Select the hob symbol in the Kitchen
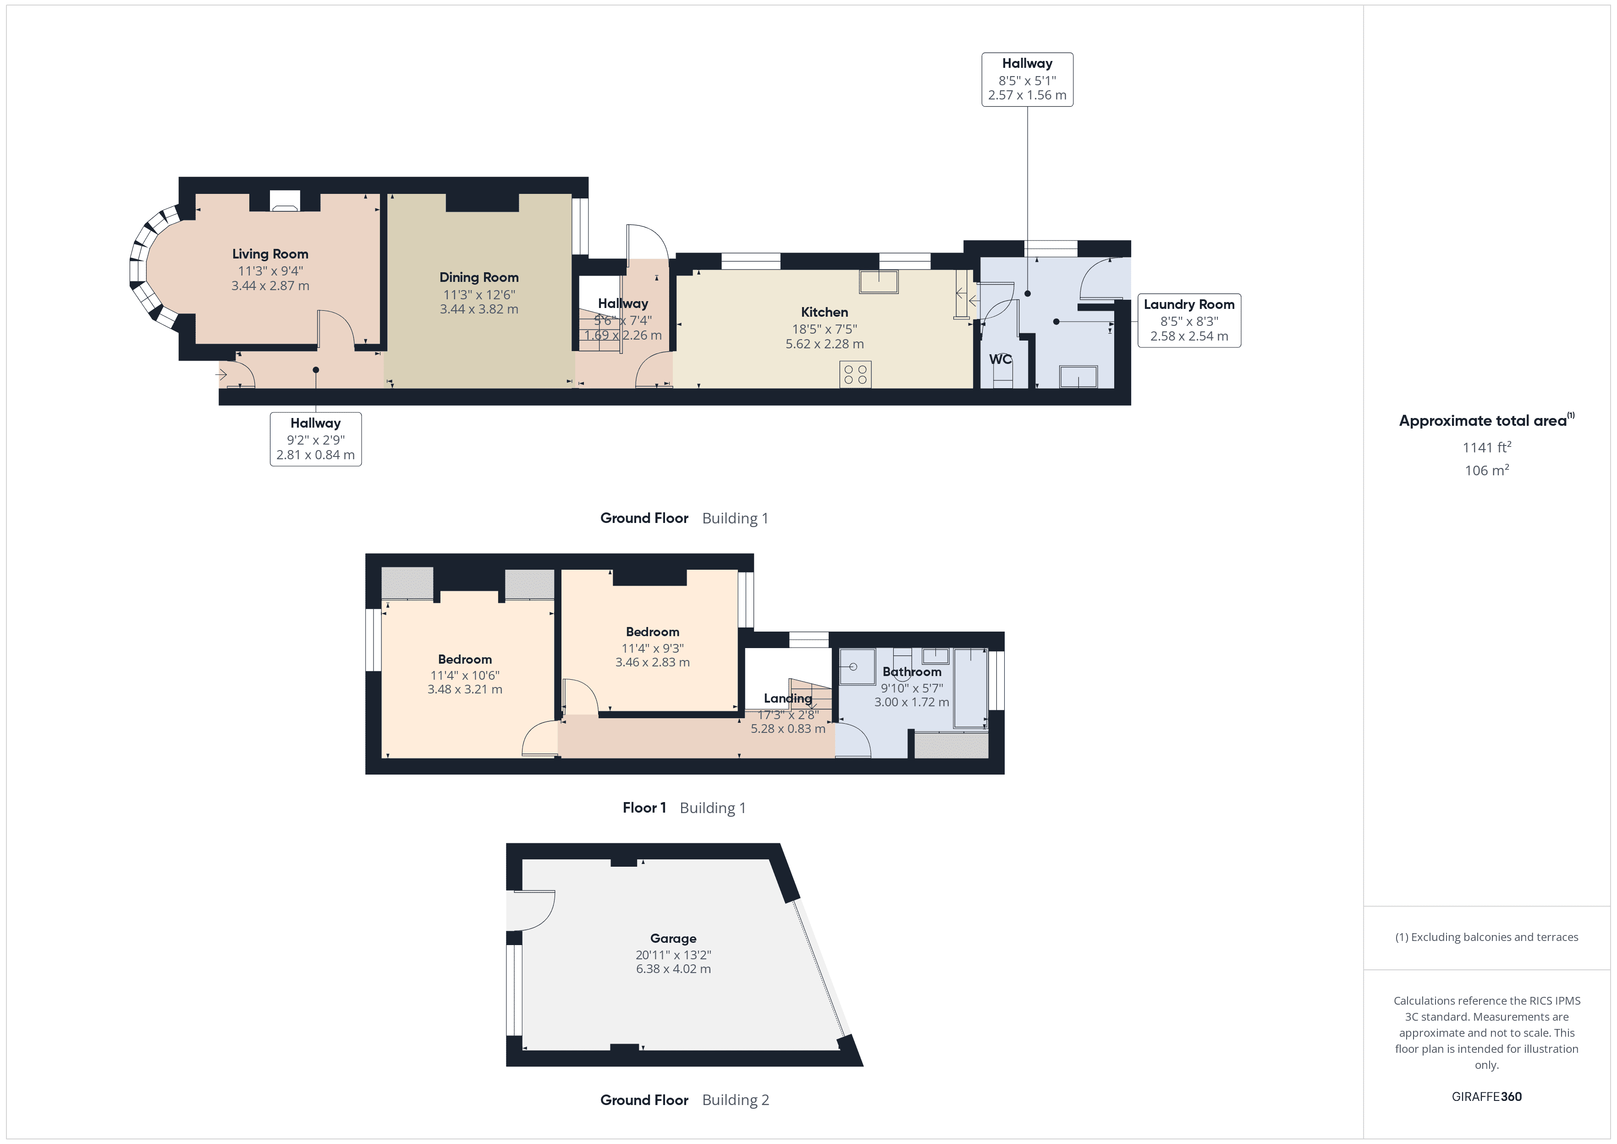point(855,374)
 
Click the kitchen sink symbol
point(878,282)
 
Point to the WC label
point(1000,359)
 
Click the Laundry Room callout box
point(1189,320)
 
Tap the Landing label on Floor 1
point(787,698)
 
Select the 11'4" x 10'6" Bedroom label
point(465,660)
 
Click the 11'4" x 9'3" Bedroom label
point(652,632)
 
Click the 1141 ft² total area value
point(1486,447)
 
